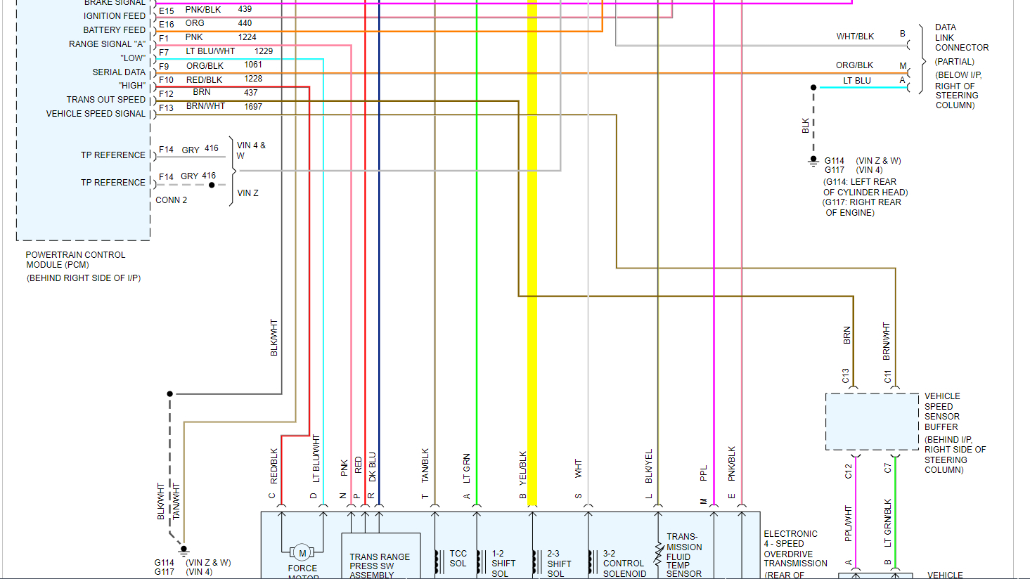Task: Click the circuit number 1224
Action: (247, 37)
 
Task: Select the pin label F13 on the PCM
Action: (166, 108)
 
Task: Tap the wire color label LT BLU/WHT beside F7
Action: (210, 51)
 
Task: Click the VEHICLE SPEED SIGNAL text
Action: (96, 113)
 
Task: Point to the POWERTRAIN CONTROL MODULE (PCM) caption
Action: (76, 260)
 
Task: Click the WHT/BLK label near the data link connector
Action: (855, 37)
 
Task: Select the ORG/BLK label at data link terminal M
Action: (854, 65)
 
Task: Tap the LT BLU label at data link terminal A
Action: (857, 81)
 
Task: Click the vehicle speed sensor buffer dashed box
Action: (872, 422)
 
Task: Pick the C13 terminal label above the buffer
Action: (846, 376)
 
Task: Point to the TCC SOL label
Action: (458, 559)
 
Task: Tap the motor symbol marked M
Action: (302, 554)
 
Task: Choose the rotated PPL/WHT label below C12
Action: (849, 523)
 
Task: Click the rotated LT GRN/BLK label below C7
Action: (888, 523)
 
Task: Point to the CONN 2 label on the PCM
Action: (172, 200)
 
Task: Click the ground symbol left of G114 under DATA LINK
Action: (813, 161)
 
